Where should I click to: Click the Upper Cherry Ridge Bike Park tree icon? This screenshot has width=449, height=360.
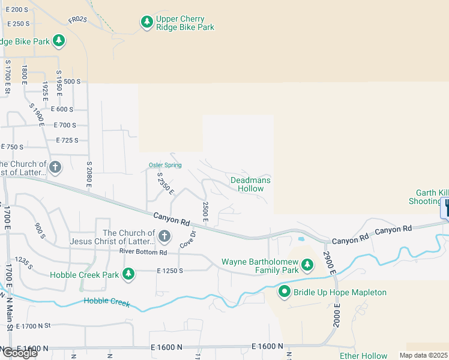click(x=147, y=22)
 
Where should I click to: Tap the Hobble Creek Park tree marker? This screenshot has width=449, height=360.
click(x=128, y=274)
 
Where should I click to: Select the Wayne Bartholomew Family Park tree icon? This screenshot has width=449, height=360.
click(x=307, y=264)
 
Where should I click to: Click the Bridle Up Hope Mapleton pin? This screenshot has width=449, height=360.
click(x=285, y=292)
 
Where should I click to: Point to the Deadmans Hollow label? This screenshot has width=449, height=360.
click(x=250, y=184)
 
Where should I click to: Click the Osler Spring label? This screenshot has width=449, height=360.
click(x=165, y=165)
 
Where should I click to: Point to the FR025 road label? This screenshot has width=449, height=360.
click(x=77, y=20)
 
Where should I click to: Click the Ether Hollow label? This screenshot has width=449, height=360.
click(x=364, y=356)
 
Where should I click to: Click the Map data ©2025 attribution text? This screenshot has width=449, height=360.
click(x=424, y=355)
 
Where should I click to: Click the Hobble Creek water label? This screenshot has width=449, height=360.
click(x=107, y=301)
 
